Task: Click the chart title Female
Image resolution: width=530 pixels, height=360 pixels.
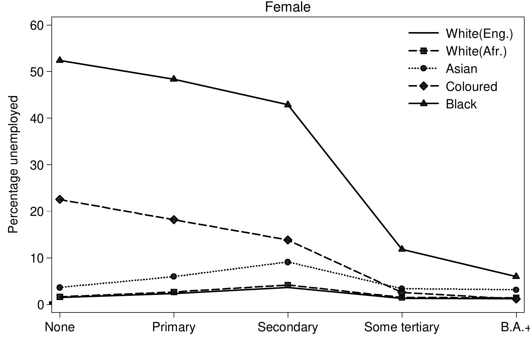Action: click(287, 7)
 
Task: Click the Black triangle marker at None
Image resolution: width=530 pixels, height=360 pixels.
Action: click(60, 60)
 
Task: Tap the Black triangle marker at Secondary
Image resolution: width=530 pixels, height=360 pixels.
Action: click(288, 104)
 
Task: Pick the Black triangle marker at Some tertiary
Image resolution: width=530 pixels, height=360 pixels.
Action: click(402, 249)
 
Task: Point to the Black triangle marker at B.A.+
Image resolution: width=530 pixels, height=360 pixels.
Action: click(516, 276)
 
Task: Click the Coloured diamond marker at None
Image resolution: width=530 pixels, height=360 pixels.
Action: click(60, 199)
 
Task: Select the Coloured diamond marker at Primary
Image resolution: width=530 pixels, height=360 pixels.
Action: click(174, 220)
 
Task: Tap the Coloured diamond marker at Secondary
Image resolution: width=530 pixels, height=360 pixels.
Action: click(288, 240)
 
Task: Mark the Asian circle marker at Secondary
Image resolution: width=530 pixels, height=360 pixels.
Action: click(288, 262)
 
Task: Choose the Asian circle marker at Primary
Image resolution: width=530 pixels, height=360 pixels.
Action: click(174, 276)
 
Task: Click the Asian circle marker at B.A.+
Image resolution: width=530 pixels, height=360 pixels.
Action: click(516, 290)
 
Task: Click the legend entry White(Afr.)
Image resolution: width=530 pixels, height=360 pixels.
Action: click(476, 51)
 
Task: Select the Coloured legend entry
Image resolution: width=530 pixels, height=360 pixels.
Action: click(471, 87)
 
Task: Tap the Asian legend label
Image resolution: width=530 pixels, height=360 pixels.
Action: click(461, 69)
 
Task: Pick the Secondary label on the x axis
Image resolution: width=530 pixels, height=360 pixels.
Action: click(288, 327)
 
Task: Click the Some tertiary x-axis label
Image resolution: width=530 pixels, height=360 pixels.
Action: click(402, 327)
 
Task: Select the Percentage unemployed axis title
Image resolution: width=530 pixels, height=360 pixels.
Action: click(13, 164)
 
